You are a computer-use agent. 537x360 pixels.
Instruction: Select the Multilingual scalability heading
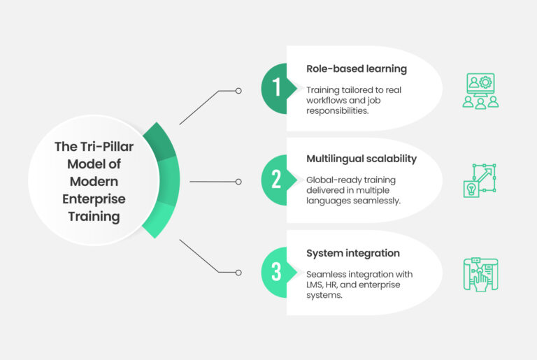(361, 159)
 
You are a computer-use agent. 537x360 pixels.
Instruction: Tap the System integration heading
(353, 252)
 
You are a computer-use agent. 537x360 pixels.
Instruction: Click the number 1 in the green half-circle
(275, 88)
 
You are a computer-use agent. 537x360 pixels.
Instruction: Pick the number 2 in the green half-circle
(275, 180)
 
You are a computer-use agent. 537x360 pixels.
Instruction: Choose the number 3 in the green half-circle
(275, 273)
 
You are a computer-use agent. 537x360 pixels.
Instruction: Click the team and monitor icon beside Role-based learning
(480, 90)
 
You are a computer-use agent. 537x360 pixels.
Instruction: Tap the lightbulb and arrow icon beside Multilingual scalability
(480, 180)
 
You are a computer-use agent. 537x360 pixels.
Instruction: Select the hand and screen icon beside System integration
(480, 273)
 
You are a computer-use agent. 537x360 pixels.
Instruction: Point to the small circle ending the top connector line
(238, 91)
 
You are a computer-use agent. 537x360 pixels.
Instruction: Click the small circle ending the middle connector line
(238, 182)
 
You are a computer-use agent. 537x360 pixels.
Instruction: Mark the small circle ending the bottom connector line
(238, 273)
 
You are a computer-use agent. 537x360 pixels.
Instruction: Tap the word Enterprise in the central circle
(94, 199)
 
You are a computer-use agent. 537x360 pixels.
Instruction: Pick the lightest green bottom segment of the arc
(160, 219)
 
